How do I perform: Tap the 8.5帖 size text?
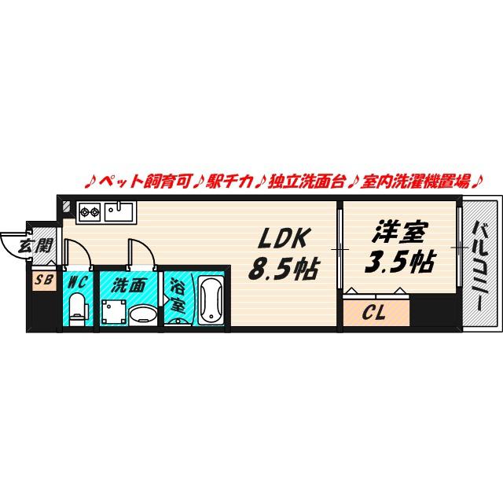tap(284, 268)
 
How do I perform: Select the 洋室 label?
tap(400, 232)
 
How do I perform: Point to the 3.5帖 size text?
tap(400, 262)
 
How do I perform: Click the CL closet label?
tap(374, 312)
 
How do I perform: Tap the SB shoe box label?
tap(44, 280)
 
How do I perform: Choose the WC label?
tap(78, 282)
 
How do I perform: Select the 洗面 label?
tap(129, 285)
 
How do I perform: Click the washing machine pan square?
tap(114, 312)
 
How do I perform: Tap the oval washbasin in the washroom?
tap(143, 314)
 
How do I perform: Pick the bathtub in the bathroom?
tap(211, 299)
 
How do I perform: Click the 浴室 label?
tap(178, 296)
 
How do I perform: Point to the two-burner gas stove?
tap(90, 211)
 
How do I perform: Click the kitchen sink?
tap(119, 211)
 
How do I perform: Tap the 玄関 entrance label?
tap(35, 246)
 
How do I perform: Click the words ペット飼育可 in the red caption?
tap(145, 182)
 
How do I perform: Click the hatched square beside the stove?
tap(67, 207)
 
